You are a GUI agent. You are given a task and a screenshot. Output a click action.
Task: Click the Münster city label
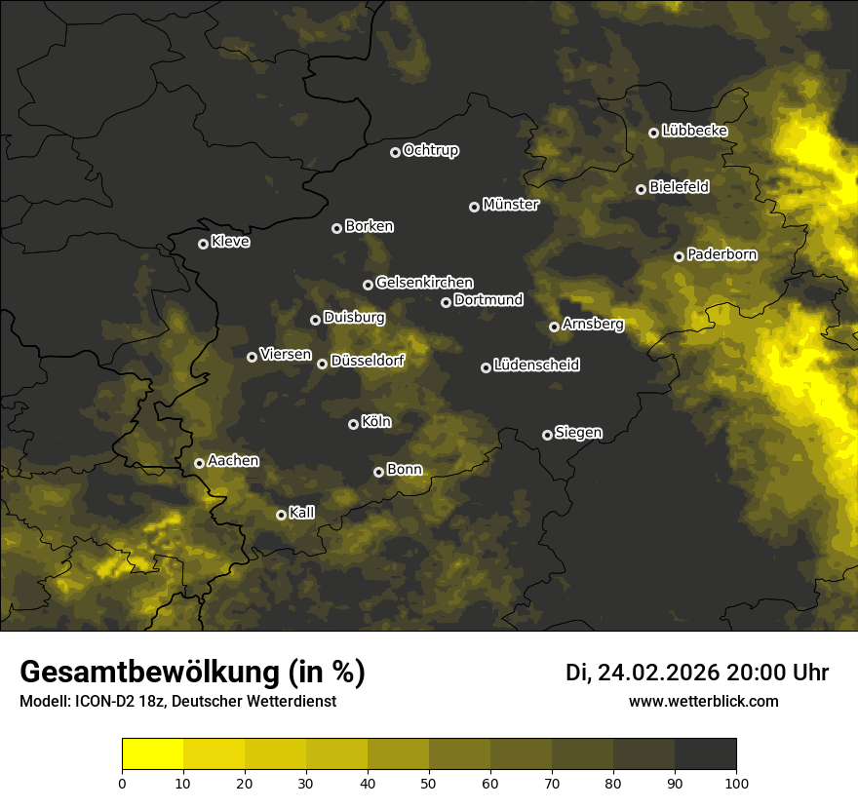[511, 205]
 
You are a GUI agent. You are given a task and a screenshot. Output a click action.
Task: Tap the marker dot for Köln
[353, 424]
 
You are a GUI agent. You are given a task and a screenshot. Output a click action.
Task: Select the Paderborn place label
[722, 254]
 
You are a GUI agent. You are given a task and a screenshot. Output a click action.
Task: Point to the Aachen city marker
[199, 463]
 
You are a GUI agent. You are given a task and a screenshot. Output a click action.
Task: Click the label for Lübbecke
[694, 131]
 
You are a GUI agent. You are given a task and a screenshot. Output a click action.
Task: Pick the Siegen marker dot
[547, 435]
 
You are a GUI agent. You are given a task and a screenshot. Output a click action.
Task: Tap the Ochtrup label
[431, 150]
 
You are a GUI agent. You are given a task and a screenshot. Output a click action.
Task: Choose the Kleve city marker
[203, 244]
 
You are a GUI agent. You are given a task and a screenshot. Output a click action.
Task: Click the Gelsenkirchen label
[424, 283]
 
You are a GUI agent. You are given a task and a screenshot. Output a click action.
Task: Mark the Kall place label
[302, 513]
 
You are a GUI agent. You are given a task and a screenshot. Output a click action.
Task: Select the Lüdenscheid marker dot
[486, 367]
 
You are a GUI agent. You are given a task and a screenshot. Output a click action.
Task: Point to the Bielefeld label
[679, 187]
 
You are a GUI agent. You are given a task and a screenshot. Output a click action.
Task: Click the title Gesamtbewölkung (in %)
[192, 673]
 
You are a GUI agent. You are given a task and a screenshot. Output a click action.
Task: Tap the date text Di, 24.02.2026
[643, 673]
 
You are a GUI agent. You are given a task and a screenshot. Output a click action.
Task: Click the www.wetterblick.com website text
[703, 701]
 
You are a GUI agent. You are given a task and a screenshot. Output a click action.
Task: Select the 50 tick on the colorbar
[429, 782]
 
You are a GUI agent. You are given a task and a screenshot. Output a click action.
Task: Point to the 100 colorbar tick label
[736, 782]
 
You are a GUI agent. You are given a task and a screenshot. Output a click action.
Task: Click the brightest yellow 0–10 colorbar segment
[152, 753]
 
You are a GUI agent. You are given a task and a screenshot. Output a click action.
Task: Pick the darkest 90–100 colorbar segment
[705, 753]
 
